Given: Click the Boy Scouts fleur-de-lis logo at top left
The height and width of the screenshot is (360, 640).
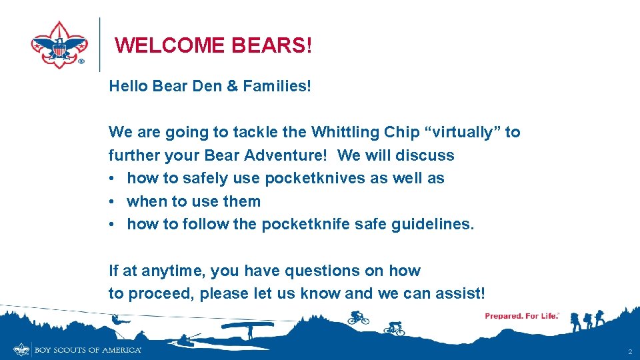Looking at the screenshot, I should click(59, 44).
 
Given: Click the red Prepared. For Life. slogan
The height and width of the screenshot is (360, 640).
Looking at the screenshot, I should click(522, 316).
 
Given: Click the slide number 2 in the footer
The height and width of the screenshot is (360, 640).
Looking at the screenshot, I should click(629, 351).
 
